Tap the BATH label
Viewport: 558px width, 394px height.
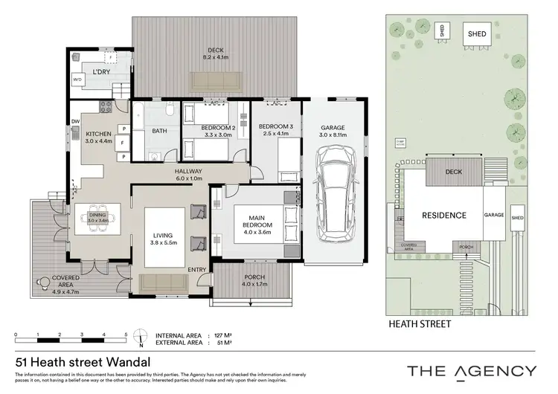click(x=159, y=132)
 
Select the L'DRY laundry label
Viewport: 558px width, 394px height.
click(x=101, y=72)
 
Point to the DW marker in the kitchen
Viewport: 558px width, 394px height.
click(x=75, y=121)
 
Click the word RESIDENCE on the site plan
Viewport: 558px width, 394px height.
click(x=444, y=216)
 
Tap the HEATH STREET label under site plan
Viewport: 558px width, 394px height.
click(x=420, y=325)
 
